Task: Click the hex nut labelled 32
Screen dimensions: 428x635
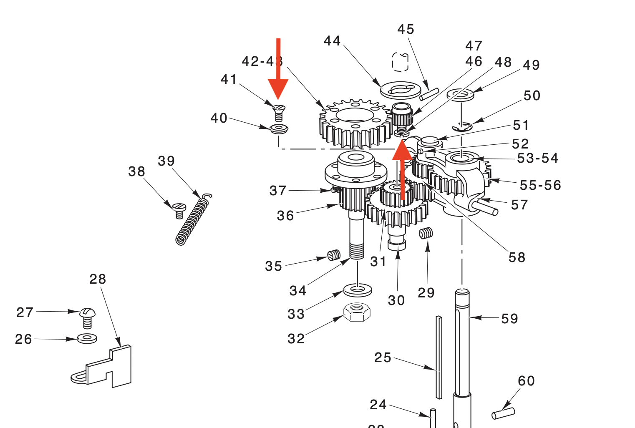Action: (357, 312)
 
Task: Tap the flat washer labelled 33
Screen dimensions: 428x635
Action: (358, 289)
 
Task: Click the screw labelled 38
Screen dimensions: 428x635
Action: (179, 210)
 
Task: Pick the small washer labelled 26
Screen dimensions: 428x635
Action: (87, 338)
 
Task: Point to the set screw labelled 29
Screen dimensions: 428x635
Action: (426, 233)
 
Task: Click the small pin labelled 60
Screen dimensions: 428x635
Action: (503, 413)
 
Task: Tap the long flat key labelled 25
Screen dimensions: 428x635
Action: (438, 357)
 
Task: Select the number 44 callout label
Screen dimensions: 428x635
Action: (332, 41)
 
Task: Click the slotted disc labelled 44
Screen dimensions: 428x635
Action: (401, 90)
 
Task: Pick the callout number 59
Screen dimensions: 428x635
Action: (509, 319)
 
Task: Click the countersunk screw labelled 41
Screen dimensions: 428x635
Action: (279, 112)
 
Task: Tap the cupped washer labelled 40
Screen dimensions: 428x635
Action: (279, 128)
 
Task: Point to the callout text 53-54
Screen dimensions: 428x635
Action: (537, 158)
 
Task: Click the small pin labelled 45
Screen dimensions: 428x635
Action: (429, 94)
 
